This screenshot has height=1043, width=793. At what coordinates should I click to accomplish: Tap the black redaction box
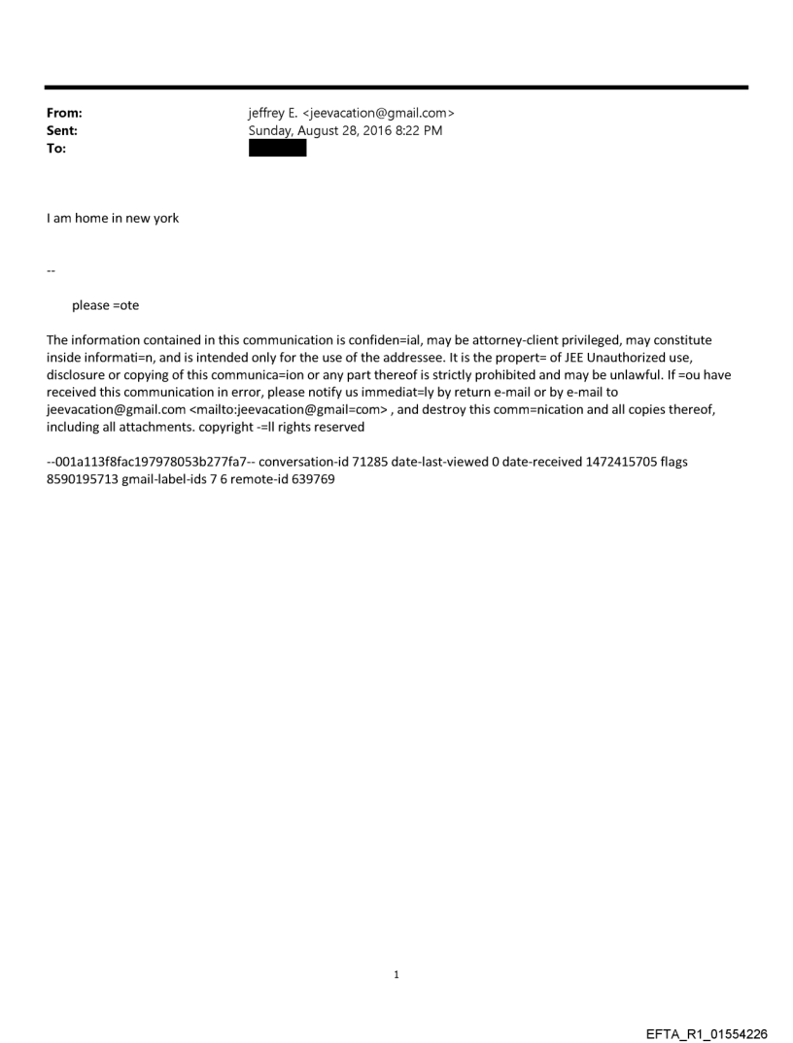click(277, 149)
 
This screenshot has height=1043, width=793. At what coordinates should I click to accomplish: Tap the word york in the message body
click(165, 219)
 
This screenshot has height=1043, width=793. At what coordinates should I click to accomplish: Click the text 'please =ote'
click(105, 305)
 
